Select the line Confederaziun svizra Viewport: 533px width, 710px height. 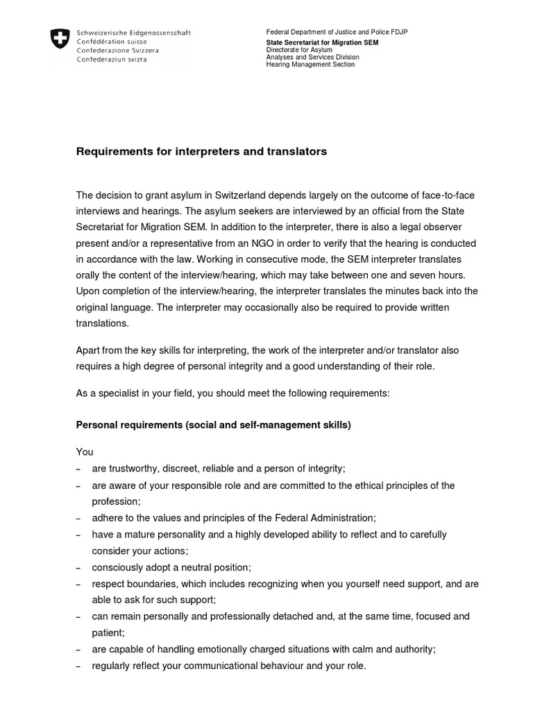coord(117,60)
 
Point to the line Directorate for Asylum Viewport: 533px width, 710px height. coord(301,49)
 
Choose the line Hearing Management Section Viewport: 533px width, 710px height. coord(310,64)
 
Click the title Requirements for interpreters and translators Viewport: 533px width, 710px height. coord(201,151)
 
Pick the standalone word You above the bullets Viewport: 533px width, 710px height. coord(85,452)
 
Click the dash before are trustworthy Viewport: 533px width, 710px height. coord(78,469)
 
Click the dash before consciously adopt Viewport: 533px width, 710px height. coord(78,568)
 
